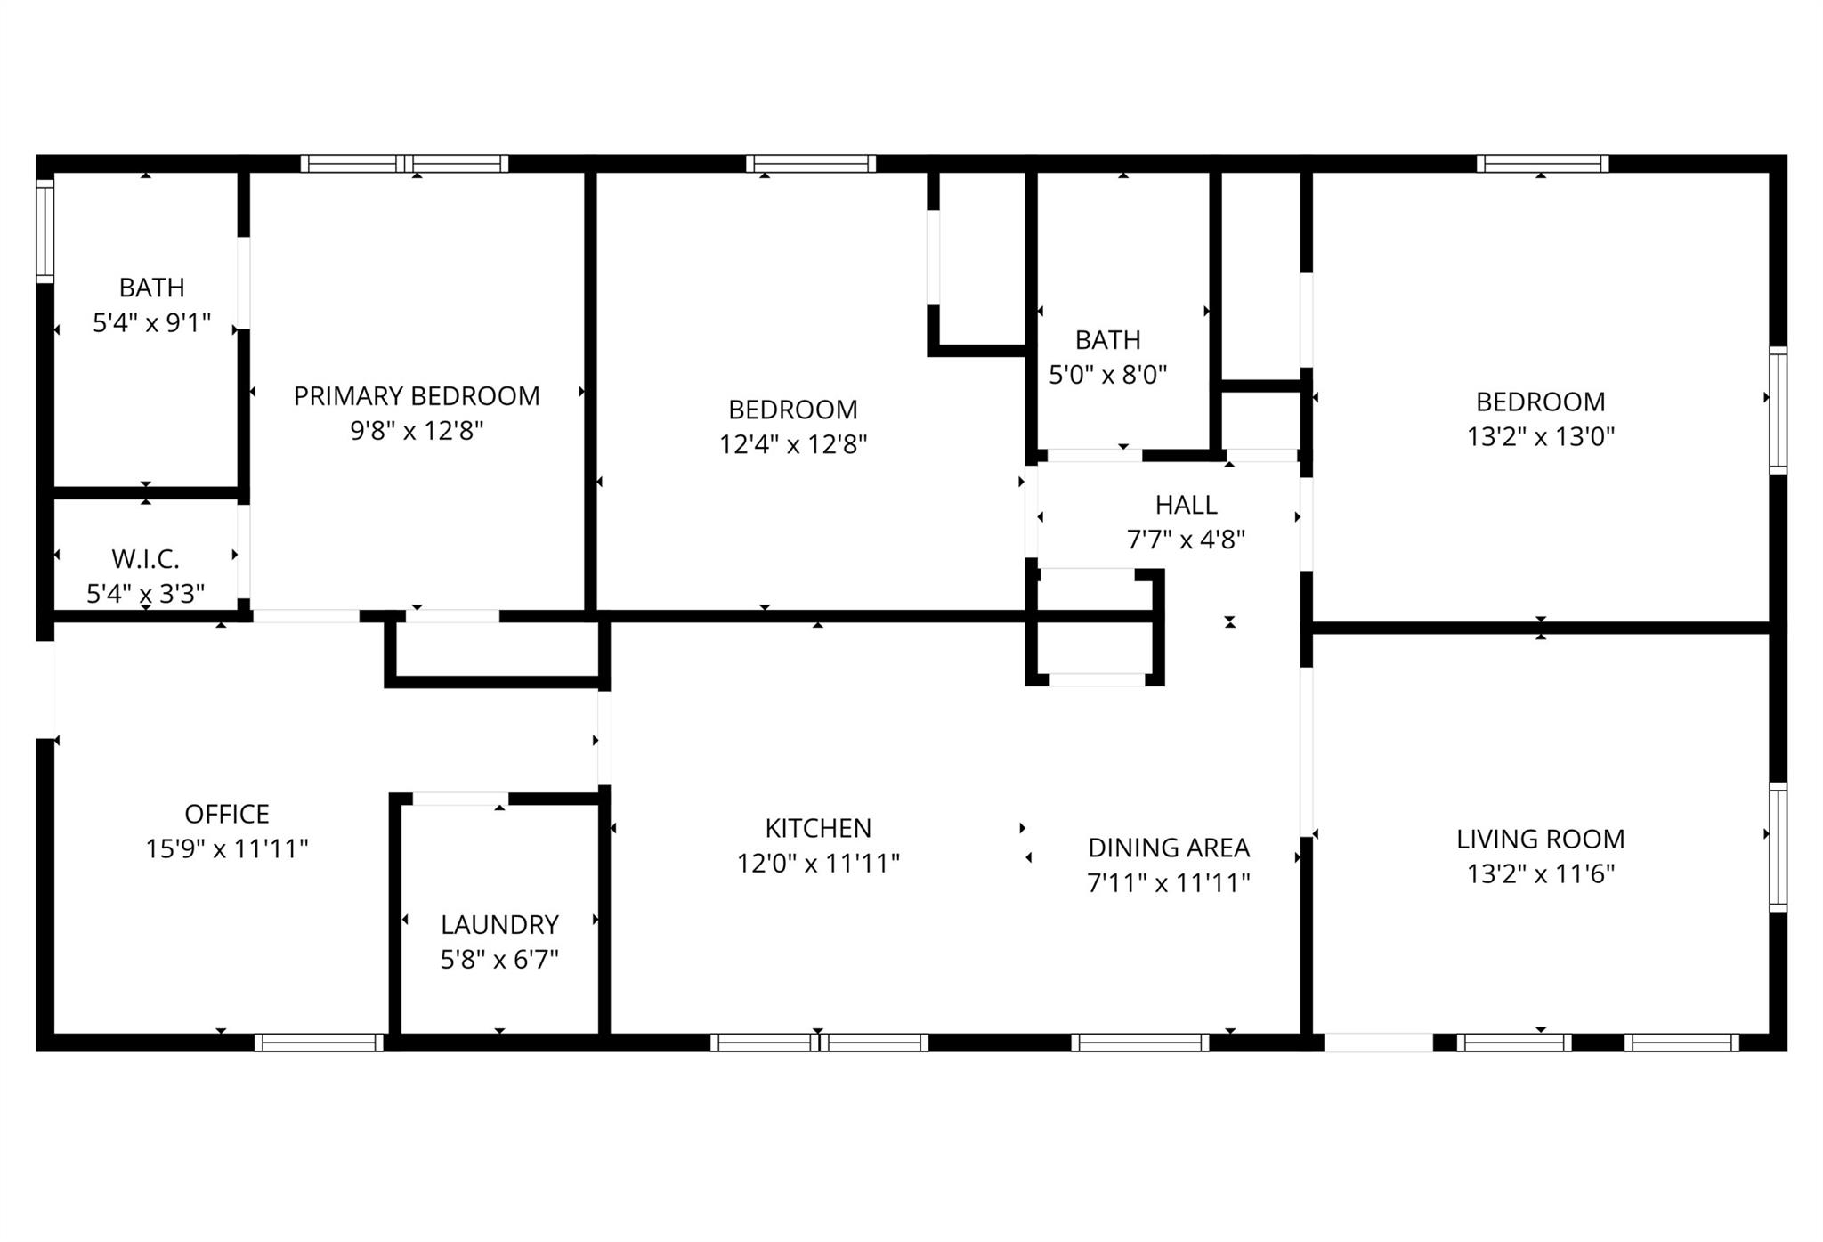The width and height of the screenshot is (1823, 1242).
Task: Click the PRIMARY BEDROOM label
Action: point(417,395)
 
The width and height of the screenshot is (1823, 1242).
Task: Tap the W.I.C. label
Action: point(145,559)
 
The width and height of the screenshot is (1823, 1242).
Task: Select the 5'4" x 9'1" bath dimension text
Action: point(151,322)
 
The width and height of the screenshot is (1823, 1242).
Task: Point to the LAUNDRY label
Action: point(499,924)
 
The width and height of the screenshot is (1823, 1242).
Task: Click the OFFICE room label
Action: point(227,814)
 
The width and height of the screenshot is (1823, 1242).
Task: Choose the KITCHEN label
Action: point(818,828)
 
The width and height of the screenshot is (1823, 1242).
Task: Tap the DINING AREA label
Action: point(1169,848)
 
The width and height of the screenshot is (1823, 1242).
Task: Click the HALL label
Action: point(1186,505)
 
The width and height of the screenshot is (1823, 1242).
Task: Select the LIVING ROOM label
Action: point(1540,839)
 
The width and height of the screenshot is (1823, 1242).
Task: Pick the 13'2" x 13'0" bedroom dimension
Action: point(1540,436)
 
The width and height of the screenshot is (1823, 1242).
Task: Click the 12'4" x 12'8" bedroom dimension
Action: point(793,443)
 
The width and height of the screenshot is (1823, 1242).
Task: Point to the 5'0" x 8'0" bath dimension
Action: point(1107,374)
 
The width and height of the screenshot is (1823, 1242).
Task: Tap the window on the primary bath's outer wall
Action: point(45,231)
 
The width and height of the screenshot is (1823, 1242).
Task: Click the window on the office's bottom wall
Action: point(319,1043)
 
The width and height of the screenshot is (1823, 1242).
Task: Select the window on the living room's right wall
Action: point(1778,847)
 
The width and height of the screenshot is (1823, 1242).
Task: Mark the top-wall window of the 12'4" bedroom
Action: point(811,164)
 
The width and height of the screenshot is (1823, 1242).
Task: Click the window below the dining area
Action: point(1140,1043)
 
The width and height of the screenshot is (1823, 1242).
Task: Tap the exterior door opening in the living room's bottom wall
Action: point(1378,1043)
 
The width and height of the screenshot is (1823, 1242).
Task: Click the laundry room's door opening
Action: point(460,799)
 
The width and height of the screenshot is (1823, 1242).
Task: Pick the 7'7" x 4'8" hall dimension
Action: point(1186,540)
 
